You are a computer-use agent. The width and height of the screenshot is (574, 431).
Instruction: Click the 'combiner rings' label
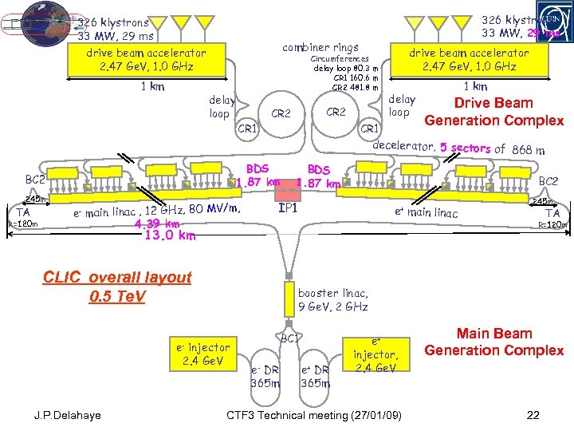point(320,47)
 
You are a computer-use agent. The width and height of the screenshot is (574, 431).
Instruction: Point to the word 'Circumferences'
point(340,59)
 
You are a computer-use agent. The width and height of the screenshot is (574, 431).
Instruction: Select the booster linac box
point(332,299)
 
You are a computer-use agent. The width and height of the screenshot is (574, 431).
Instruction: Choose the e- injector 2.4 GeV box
point(203,353)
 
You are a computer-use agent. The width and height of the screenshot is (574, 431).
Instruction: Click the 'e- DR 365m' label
point(265,377)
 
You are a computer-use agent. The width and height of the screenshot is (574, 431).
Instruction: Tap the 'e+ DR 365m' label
point(316,377)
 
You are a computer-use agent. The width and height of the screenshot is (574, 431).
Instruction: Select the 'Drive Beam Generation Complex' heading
point(494,112)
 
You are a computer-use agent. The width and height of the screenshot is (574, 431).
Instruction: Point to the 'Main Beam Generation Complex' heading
point(494,342)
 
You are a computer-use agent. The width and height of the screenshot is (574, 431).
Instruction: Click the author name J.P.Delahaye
point(69,416)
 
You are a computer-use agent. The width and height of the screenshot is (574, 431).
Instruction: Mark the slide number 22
point(533,416)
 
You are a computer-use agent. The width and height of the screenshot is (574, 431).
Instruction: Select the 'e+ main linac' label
point(427,212)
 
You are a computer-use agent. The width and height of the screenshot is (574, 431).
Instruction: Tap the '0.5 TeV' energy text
point(117,297)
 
